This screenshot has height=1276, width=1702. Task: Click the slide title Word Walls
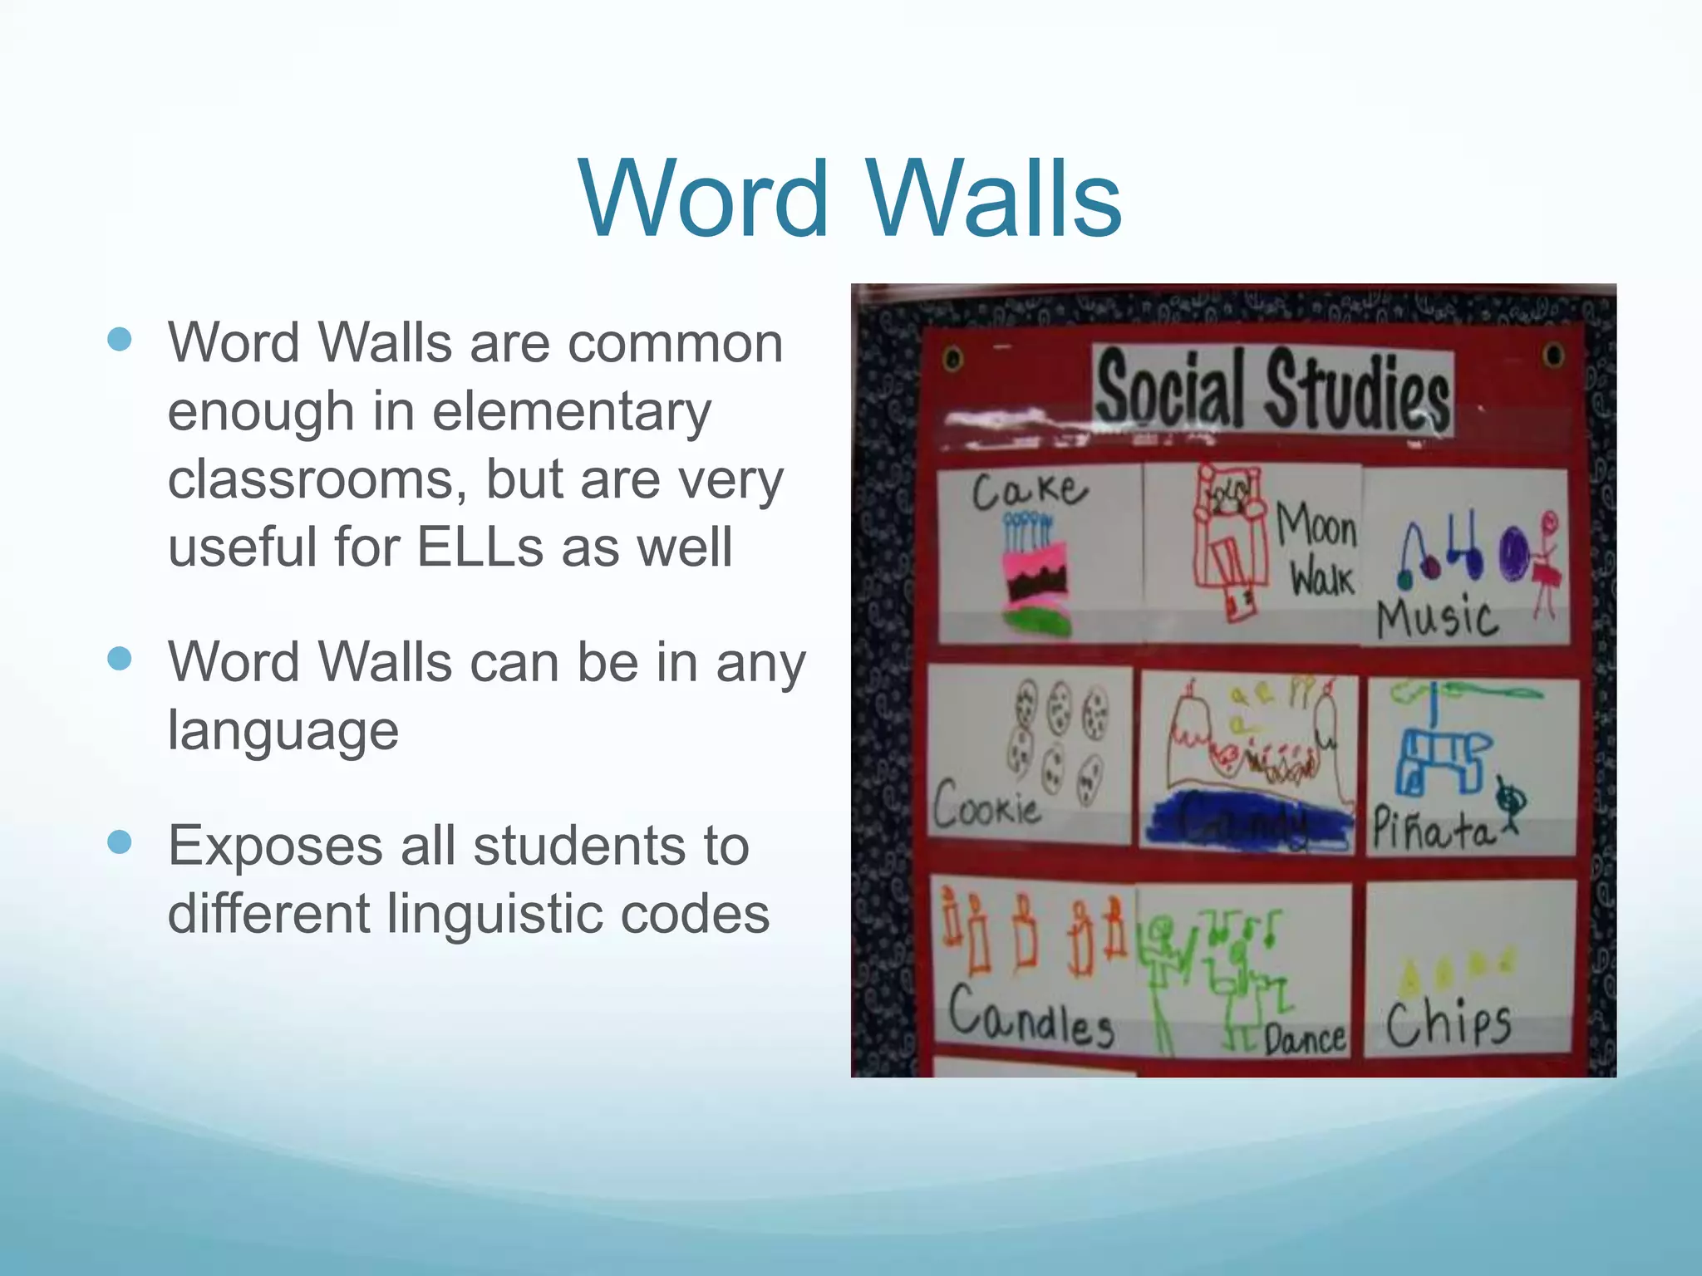(850, 199)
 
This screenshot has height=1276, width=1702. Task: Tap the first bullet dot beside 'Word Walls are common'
(121, 340)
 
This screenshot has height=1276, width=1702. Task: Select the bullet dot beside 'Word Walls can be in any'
(121, 659)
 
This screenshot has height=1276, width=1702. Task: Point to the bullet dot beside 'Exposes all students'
(121, 842)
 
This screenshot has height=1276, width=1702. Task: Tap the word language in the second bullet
(283, 731)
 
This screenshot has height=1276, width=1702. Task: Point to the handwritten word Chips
(1448, 1023)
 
